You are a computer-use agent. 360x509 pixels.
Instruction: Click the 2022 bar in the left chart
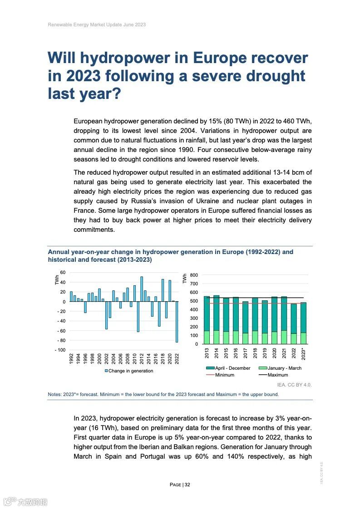coord(177,322)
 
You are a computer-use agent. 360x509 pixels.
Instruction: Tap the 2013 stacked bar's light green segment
coord(207,338)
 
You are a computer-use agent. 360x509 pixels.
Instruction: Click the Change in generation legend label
coord(131,371)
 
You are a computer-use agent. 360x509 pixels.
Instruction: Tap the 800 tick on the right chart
coord(194,275)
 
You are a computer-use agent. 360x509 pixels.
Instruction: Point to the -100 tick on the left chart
coord(60,350)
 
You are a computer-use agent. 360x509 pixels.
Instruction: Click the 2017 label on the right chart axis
coord(246,353)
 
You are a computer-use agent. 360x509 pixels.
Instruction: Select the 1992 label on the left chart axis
coord(71,358)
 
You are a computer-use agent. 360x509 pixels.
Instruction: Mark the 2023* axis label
coord(304,354)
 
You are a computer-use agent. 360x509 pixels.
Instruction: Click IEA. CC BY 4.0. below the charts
coord(295,385)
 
